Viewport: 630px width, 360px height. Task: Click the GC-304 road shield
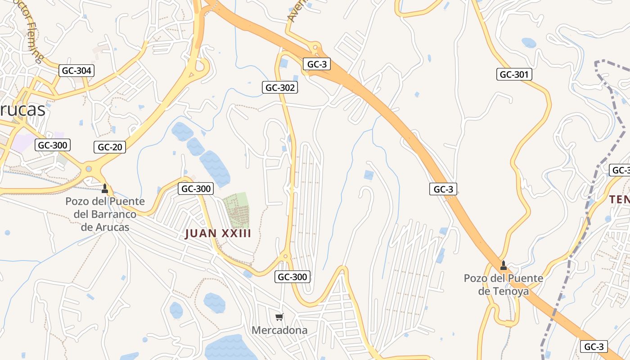click(76, 71)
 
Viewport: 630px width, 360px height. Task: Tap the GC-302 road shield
click(280, 88)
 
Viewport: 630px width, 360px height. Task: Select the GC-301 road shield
click(514, 74)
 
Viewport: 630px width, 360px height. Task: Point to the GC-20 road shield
click(110, 147)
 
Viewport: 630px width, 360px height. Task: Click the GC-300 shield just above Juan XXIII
click(196, 189)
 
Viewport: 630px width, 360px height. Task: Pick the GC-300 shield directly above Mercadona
click(292, 277)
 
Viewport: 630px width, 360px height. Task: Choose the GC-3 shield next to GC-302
click(317, 64)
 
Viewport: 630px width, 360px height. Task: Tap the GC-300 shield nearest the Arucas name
click(53, 145)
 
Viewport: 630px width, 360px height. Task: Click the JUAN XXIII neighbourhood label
click(218, 234)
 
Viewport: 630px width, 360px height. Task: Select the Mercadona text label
click(279, 330)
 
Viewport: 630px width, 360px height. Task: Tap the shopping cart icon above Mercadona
click(279, 317)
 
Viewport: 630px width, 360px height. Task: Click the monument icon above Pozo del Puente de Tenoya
click(504, 265)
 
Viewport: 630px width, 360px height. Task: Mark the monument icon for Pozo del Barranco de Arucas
click(105, 188)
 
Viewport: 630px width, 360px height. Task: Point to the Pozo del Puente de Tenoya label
click(504, 285)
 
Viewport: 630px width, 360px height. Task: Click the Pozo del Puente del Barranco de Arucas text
click(105, 214)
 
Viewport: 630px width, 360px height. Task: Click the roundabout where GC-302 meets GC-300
click(285, 257)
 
